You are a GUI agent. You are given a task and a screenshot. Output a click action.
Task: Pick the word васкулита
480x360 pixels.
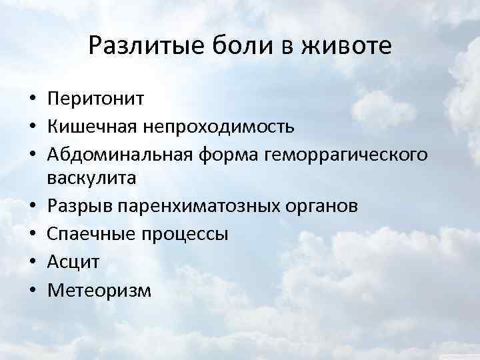tap(91, 178)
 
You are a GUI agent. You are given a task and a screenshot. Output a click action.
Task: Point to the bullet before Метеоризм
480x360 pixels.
tap(32, 291)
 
